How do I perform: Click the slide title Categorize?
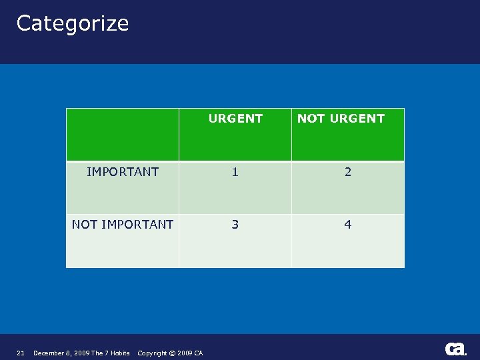click(72, 23)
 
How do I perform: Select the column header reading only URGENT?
click(235, 119)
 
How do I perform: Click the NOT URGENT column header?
click(341, 119)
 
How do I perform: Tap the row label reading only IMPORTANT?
click(123, 172)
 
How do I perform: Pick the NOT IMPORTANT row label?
click(123, 225)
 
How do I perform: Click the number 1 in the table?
click(235, 172)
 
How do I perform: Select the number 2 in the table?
click(347, 172)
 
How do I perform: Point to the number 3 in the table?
click(235, 225)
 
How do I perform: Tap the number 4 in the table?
click(347, 225)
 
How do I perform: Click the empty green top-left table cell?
click(123, 135)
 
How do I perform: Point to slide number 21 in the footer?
click(21, 353)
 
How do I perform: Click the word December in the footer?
click(49, 353)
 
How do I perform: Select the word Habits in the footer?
click(120, 353)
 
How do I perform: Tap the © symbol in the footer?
click(172, 353)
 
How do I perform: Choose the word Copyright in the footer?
click(153, 353)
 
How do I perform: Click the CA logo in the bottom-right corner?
click(456, 349)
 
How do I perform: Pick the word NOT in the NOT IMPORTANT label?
click(85, 225)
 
